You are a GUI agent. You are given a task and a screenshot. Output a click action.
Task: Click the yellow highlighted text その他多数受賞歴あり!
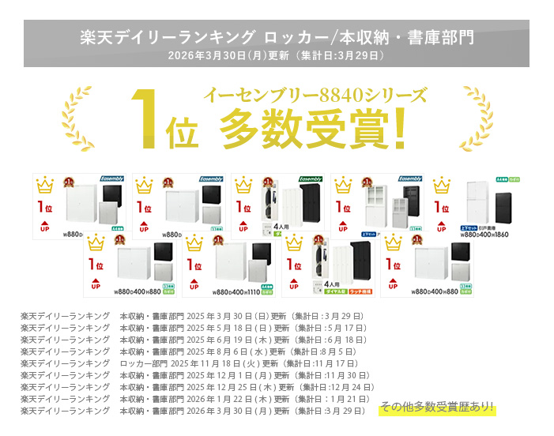[x=436, y=408]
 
